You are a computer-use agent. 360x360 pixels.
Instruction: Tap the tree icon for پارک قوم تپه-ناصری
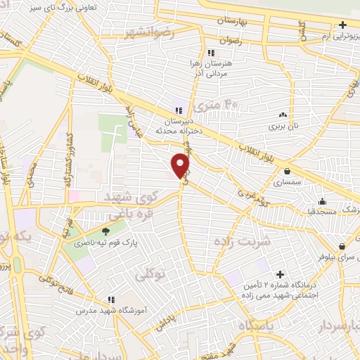[106, 231]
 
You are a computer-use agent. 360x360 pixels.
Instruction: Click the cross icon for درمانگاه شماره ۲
[281, 274]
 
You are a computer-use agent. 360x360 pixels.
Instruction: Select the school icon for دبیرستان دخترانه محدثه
[179, 110]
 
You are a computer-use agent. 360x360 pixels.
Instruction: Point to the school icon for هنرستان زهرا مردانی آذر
[210, 53]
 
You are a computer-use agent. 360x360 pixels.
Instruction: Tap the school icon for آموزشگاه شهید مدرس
[110, 299]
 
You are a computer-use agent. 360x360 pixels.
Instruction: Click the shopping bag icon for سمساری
[287, 171]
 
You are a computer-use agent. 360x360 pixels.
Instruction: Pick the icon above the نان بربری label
[283, 115]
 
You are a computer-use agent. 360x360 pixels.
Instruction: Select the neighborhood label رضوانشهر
[148, 33]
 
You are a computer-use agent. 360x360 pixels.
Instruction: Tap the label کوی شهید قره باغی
[134, 203]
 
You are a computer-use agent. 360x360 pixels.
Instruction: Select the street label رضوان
[231, 41]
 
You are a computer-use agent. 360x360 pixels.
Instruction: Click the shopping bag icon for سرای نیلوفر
[342, 247]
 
